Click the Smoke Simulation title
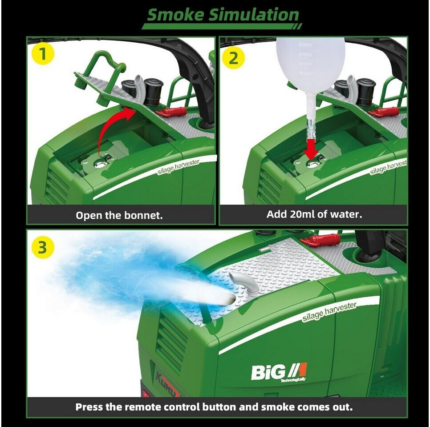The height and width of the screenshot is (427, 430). (x=223, y=15)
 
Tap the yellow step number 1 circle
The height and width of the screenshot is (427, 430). (x=42, y=54)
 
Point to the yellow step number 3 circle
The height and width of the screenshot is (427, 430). (x=42, y=248)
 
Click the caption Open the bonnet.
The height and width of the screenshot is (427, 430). (x=119, y=215)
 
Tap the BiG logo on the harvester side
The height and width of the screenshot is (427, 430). (x=279, y=372)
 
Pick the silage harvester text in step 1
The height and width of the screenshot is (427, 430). (x=178, y=167)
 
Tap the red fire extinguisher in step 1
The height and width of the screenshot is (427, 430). (x=171, y=111)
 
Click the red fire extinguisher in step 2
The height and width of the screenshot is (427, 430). (x=384, y=112)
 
